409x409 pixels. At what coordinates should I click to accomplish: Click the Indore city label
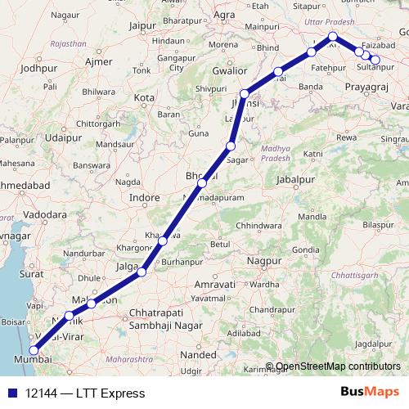(144, 197)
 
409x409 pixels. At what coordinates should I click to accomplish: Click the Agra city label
(223, 15)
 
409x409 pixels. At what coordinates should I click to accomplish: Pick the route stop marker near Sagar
(231, 146)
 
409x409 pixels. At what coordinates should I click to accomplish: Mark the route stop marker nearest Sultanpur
(375, 59)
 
